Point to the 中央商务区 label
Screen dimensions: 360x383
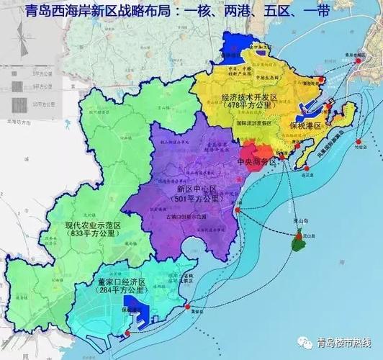(x=256, y=162)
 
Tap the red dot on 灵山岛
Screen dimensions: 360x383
(x=297, y=236)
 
